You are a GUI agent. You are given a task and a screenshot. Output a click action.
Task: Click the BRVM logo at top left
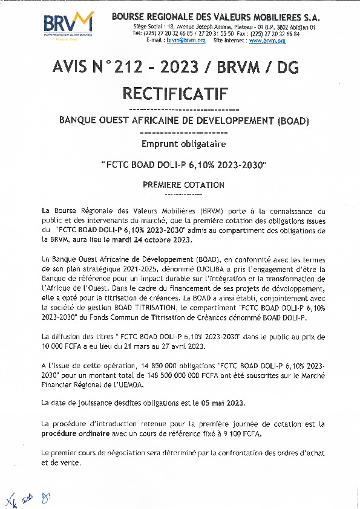point(68,25)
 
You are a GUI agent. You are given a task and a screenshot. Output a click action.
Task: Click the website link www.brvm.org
point(264,40)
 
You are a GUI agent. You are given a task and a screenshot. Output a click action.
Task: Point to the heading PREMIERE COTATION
point(183,184)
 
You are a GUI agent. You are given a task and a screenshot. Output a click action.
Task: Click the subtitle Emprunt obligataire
point(183,144)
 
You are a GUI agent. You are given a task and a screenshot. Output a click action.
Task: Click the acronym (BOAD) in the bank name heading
point(292,121)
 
